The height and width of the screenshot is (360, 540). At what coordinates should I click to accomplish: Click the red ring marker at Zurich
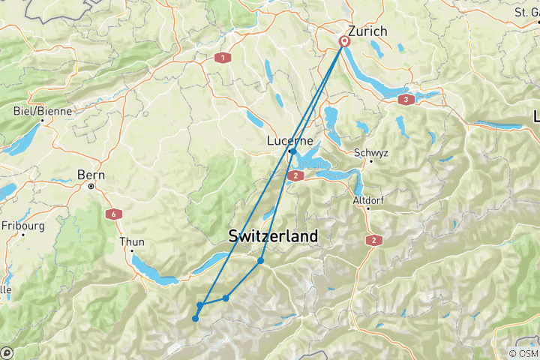[345, 42]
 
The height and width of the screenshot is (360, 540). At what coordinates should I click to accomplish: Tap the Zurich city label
[367, 31]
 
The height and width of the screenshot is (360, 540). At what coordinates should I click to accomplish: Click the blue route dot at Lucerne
[293, 151]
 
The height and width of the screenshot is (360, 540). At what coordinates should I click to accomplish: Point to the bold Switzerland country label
[273, 236]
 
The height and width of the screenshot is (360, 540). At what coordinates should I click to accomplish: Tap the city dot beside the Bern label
[90, 185]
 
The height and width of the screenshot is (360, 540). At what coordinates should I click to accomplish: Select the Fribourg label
[23, 224]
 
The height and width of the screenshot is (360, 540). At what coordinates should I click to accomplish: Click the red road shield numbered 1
[222, 57]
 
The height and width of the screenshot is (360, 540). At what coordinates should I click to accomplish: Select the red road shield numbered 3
[406, 99]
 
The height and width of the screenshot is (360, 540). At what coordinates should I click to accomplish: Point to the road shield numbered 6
[114, 214]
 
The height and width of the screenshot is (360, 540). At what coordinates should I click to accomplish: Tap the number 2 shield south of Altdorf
[373, 240]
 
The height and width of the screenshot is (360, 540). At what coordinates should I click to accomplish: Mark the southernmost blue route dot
[195, 319]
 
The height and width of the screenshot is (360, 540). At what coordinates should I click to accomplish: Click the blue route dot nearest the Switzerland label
[260, 261]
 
